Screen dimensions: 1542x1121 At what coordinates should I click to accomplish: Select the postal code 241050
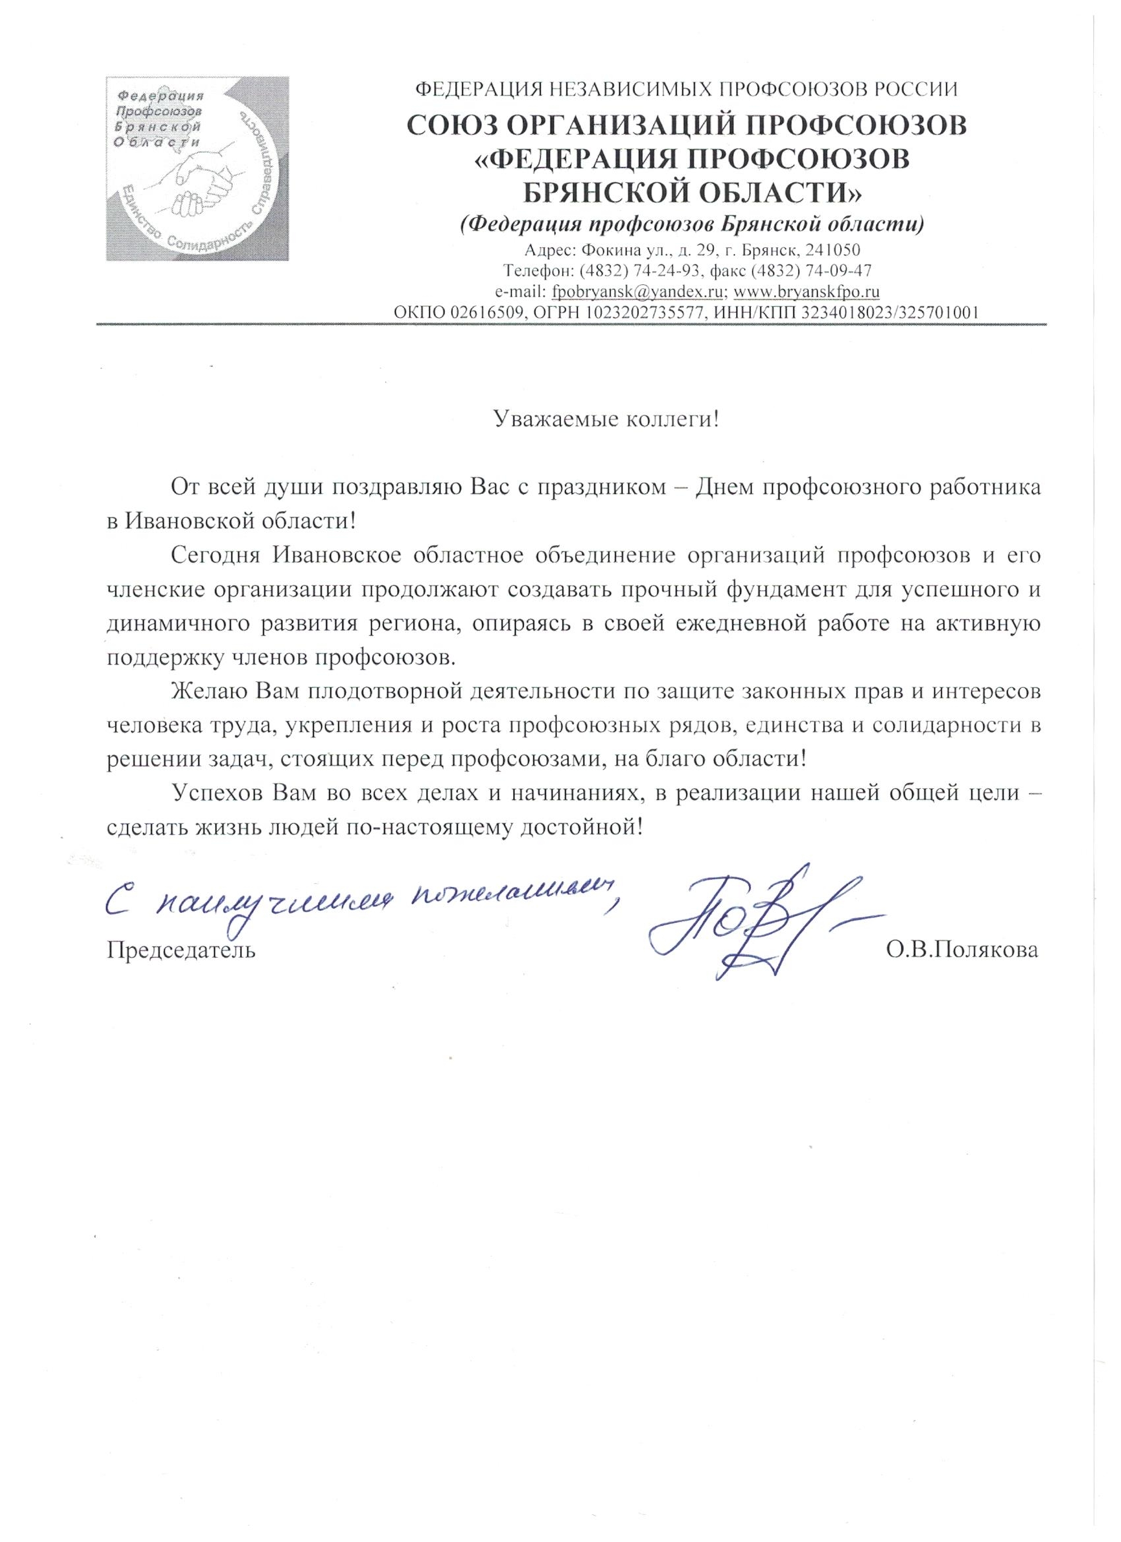tap(833, 250)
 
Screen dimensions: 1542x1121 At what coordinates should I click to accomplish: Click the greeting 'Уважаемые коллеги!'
tap(606, 419)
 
